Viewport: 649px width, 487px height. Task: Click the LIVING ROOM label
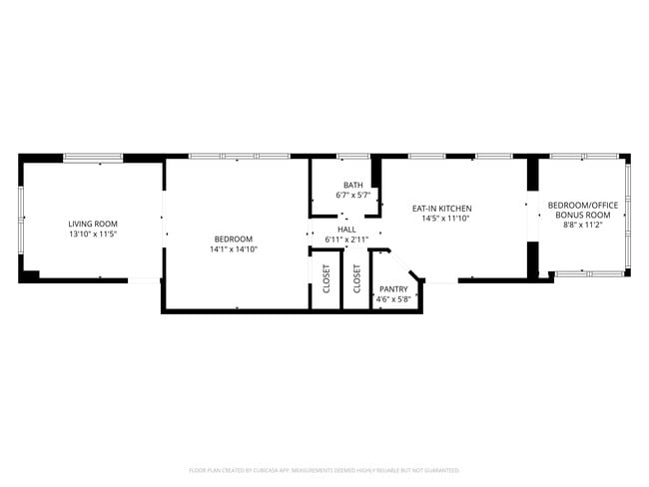coord(93,224)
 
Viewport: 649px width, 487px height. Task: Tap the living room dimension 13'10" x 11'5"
coord(93,234)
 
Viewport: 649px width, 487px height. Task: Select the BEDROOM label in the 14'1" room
coord(233,239)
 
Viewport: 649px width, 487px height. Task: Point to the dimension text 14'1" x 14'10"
coord(233,249)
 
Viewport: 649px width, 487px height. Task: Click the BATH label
coord(352,185)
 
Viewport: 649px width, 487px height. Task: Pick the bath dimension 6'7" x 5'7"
coord(352,195)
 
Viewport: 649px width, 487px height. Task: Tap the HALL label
coord(346,230)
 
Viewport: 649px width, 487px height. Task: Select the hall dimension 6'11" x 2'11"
coord(346,240)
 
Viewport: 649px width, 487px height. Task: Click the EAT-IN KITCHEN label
coord(441,209)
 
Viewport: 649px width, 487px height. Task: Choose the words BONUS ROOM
coord(583,215)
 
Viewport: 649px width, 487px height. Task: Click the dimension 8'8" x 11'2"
coord(583,225)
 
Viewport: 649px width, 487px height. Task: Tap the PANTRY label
coord(389,289)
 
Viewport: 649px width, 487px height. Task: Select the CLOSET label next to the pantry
coord(356,281)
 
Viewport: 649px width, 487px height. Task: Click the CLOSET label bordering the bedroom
coord(325,281)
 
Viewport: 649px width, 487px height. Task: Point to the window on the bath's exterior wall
coord(352,157)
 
